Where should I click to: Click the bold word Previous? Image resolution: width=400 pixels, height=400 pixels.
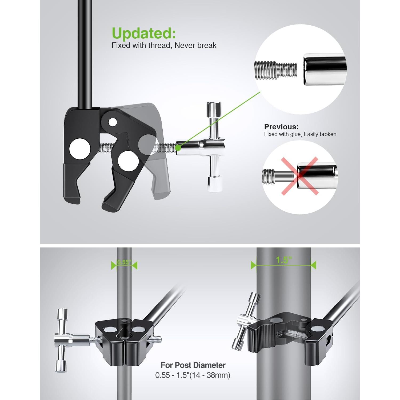click(x=281, y=127)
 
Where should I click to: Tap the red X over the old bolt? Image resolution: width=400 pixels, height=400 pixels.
click(x=299, y=176)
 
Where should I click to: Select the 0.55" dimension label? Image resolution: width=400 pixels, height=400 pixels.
click(x=124, y=262)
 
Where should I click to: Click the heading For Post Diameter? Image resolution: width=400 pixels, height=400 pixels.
click(x=193, y=365)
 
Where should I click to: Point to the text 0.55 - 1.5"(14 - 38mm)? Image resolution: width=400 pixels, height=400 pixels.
click(x=193, y=375)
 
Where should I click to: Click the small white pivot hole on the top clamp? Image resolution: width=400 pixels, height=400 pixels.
click(x=113, y=122)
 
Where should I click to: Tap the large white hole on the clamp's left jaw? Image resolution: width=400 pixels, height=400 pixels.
click(x=80, y=149)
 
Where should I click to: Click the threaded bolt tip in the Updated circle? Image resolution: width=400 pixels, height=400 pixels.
click(x=275, y=70)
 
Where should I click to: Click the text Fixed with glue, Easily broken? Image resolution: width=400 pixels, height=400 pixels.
click(x=300, y=134)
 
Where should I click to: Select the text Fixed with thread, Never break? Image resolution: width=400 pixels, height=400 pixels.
click(x=164, y=46)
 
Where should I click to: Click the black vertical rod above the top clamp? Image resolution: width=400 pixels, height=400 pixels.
click(x=85, y=53)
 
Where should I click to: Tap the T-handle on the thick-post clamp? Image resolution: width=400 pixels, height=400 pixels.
click(x=244, y=320)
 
